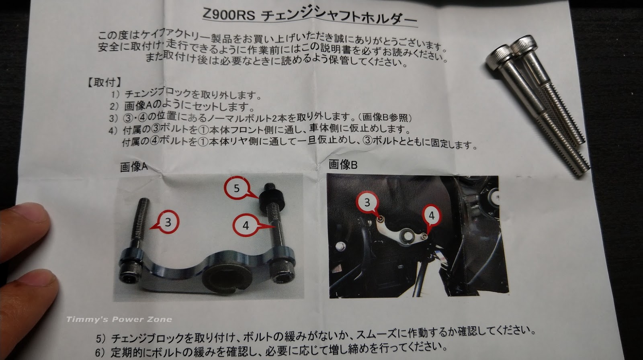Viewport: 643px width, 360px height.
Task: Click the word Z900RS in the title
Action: [229, 14]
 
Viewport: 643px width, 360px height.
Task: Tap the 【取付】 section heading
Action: [104, 83]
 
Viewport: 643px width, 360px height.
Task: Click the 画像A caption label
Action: [134, 167]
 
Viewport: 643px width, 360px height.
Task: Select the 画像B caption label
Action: [343, 164]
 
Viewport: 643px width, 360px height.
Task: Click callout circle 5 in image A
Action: [236, 188]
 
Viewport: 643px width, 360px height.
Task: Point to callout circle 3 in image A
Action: [168, 222]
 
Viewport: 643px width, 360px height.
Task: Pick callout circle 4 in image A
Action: [246, 225]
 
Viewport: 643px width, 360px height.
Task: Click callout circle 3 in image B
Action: [367, 202]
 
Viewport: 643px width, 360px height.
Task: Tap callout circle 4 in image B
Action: [432, 216]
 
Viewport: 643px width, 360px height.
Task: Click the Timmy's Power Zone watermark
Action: [119, 319]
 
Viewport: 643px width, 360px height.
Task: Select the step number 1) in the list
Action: [115, 94]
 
